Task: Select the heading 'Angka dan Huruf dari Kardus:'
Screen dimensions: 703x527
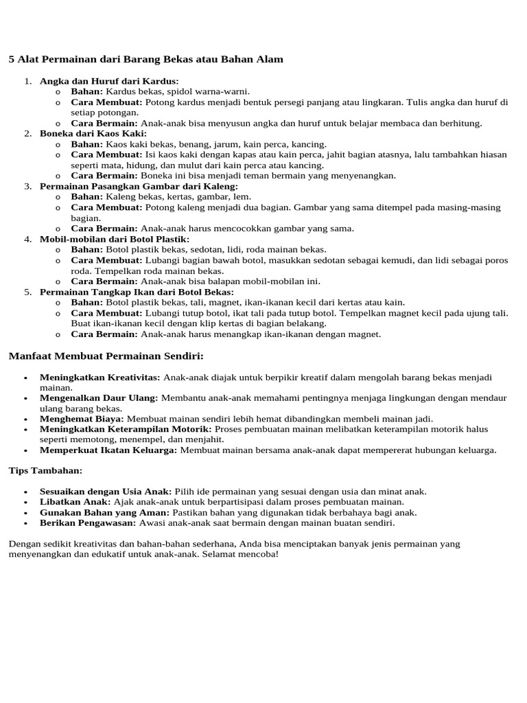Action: [109, 81]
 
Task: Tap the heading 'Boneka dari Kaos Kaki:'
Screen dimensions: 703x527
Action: [93, 133]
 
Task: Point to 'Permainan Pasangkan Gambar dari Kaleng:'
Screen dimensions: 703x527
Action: [139, 186]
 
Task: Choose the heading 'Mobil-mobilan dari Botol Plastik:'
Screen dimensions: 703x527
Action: [115, 239]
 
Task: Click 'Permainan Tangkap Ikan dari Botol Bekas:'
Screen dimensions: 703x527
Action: [137, 292]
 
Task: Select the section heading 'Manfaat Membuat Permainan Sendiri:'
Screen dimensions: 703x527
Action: [106, 356]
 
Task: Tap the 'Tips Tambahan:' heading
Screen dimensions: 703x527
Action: [45, 470]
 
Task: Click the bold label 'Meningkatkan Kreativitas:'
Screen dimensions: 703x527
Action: [100, 378]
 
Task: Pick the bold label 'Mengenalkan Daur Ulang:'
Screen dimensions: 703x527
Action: [99, 397]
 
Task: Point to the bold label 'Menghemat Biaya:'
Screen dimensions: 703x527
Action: [82, 418]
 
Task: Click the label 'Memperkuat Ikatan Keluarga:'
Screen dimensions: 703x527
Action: [108, 450]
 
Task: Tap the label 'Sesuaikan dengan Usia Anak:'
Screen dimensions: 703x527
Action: [106, 492]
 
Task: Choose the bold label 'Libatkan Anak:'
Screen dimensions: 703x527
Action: [75, 502]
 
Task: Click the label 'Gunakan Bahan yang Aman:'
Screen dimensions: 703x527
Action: [104, 512]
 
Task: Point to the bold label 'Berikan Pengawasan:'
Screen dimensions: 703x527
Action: [88, 523]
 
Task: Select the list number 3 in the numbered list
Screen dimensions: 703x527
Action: [28, 186]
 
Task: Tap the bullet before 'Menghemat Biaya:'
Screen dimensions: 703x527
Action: [25, 419]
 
